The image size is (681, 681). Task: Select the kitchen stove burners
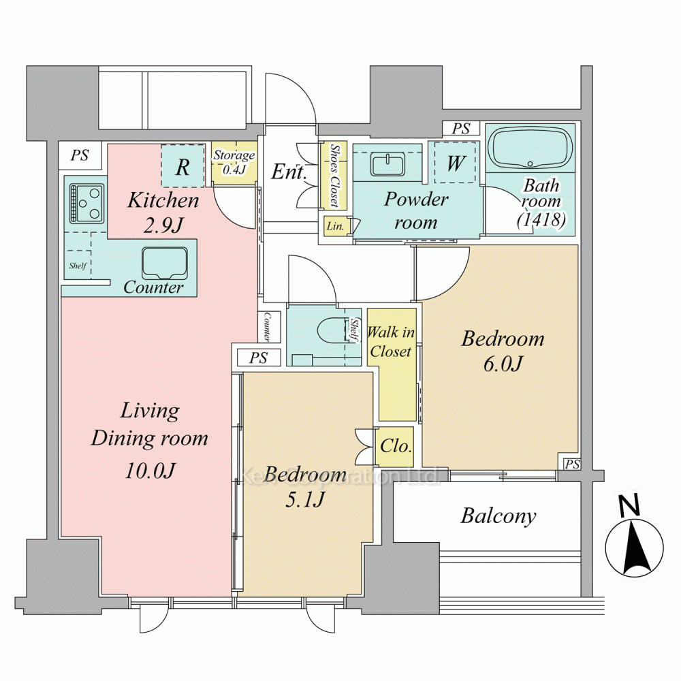pos(87,203)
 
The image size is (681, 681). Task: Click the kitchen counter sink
pos(165,263)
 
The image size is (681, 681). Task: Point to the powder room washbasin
pos(387,164)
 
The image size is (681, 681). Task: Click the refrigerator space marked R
pos(183,166)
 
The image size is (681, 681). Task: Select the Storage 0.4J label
pos(234,162)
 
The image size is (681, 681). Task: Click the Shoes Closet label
pos(334,175)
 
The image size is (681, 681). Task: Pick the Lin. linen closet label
pos(335,226)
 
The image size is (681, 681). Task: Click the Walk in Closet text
pos(391,341)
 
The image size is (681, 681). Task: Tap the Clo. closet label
pos(396,446)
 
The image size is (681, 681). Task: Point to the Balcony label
pos(498,516)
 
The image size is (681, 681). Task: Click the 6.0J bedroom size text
pos(503,364)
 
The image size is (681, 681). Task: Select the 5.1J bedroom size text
pos(304,500)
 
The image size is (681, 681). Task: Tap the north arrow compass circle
pos(635,548)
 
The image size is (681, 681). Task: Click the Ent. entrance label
pos(289,172)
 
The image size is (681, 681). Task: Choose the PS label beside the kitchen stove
pos(80,155)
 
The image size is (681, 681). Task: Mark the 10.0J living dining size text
pos(151,471)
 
